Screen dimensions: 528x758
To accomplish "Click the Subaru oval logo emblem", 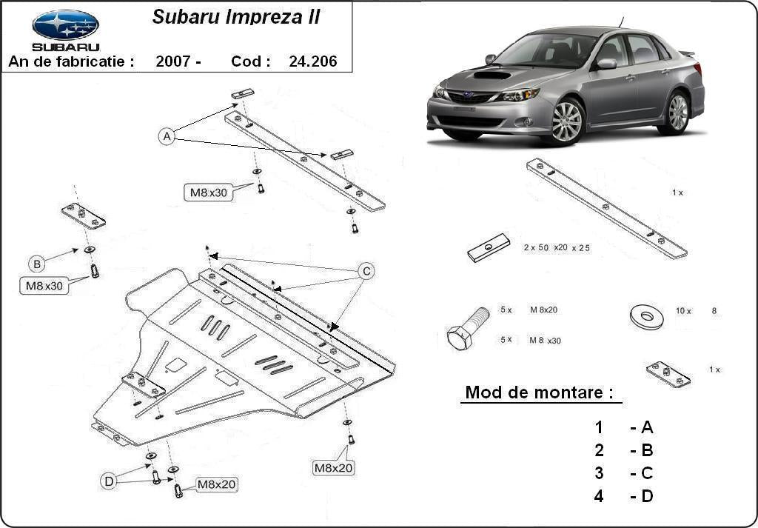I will (x=65, y=24).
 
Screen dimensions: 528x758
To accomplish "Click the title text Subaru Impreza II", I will (x=236, y=17).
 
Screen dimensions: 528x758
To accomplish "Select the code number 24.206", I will (x=312, y=61).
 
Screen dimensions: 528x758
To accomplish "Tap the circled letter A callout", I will (x=167, y=136).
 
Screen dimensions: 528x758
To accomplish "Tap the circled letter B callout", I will (x=36, y=263).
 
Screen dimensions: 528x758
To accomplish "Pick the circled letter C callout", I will (x=366, y=272).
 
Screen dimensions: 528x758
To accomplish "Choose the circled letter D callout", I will (x=109, y=482).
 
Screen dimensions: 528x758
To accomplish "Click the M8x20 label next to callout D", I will (x=217, y=485).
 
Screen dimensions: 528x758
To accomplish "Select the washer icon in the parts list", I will (x=646, y=316).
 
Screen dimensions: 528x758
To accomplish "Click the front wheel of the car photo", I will (x=566, y=121).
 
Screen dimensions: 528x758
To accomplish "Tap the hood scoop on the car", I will (x=492, y=75).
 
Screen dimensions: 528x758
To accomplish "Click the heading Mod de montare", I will (x=539, y=392).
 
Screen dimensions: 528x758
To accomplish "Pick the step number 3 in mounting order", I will (x=599, y=473).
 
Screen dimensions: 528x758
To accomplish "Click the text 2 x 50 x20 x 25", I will (x=556, y=247).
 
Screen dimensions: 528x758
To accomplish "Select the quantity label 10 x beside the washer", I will (x=682, y=311).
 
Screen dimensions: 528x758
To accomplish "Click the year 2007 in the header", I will (x=178, y=61).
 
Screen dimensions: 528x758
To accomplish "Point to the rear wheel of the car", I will (x=677, y=113).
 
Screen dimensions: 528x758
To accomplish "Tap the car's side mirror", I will (x=606, y=64).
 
